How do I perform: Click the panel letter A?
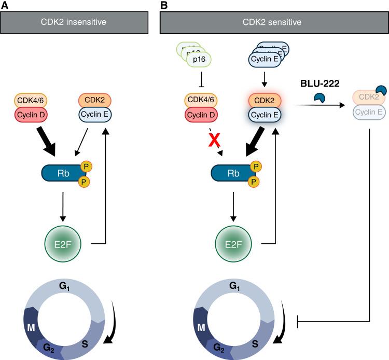pyautogui.click(x=4, y=5)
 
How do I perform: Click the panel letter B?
pyautogui.click(x=164, y=5)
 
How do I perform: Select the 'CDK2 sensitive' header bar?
pyautogui.click(x=272, y=22)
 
